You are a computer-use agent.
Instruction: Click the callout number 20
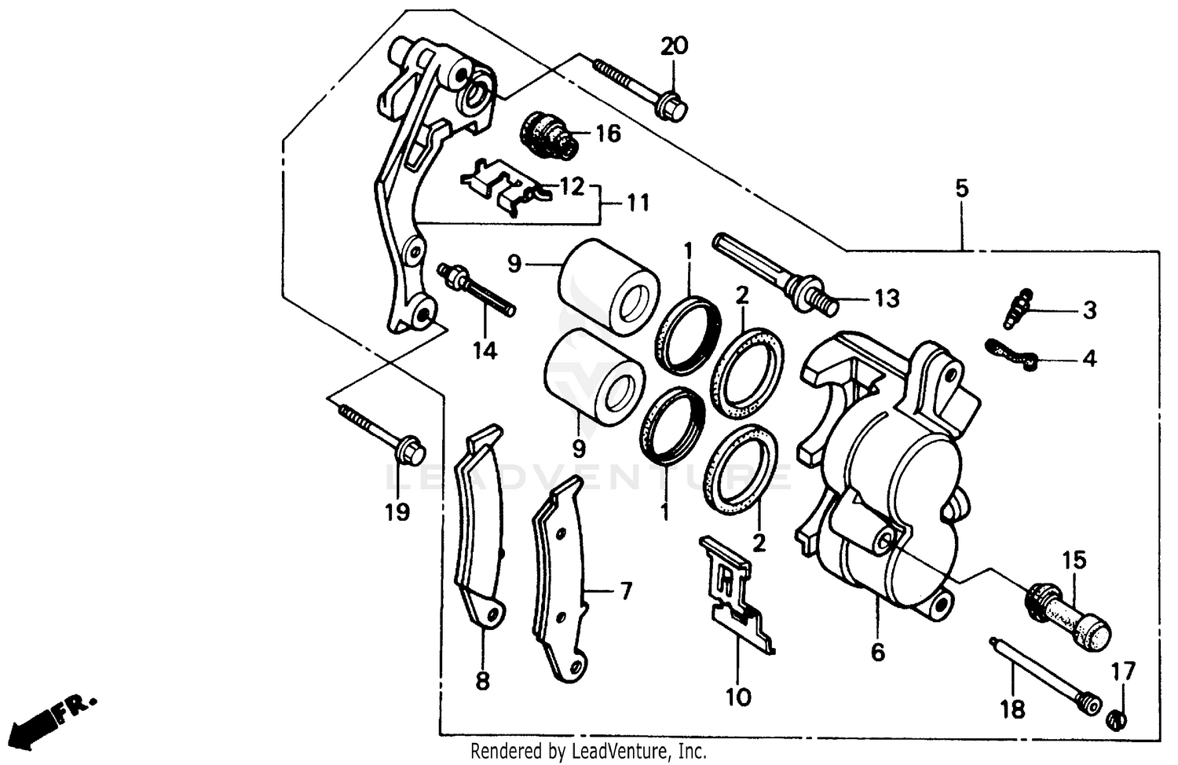(674, 46)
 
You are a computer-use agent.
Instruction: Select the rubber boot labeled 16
(550, 135)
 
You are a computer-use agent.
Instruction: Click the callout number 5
(962, 189)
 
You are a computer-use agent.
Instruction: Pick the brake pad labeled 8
(478, 534)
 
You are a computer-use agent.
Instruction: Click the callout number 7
(625, 591)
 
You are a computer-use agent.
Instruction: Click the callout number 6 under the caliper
(877, 652)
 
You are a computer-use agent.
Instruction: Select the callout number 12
(573, 187)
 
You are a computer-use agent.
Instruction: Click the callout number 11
(638, 203)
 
